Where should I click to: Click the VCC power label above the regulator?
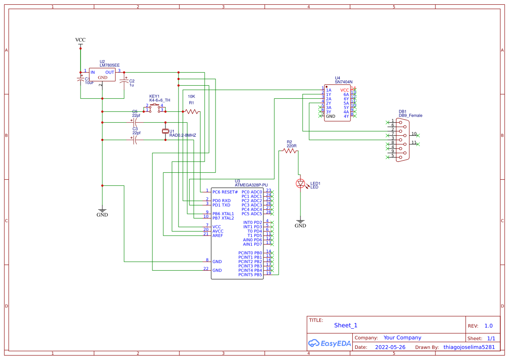(x=80, y=40)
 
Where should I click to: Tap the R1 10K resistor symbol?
(x=191, y=112)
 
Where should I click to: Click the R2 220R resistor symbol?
(x=289, y=151)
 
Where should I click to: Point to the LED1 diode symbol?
(x=300, y=184)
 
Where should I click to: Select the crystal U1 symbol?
(x=165, y=131)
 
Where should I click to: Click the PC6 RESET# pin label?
(x=225, y=192)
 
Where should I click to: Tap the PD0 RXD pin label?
(x=222, y=201)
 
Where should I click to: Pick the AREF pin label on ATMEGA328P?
(x=218, y=236)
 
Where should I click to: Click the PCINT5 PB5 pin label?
(x=250, y=275)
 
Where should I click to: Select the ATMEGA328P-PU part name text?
(x=251, y=185)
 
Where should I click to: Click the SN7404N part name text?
(x=344, y=82)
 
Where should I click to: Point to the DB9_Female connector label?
(x=410, y=115)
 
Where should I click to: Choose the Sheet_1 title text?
(x=346, y=325)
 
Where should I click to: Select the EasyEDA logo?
(x=329, y=343)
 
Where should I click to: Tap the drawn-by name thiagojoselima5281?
(x=469, y=347)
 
